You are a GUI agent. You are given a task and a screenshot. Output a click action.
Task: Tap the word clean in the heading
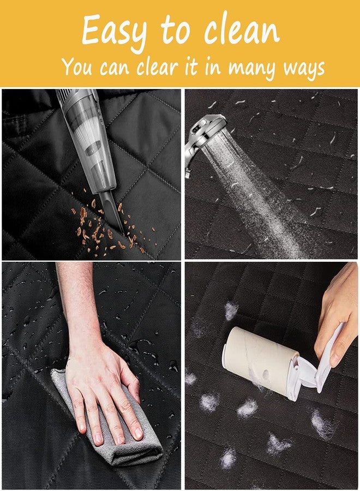click(242, 30)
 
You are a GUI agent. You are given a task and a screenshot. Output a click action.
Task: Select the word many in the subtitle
click(253, 68)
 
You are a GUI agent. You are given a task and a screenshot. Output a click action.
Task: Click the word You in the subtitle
click(77, 66)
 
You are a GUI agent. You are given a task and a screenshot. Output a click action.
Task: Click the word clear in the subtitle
click(158, 67)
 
